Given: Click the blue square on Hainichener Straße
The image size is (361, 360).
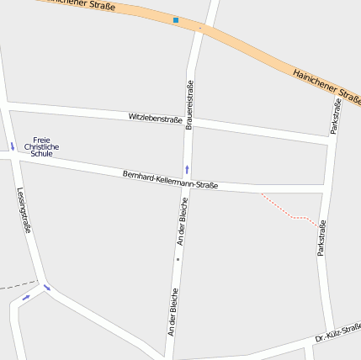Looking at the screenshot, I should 176,19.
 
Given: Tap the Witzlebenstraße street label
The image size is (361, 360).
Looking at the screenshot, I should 155,118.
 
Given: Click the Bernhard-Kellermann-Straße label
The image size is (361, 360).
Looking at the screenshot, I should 170,179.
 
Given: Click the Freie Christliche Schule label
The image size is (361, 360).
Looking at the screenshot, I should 41,146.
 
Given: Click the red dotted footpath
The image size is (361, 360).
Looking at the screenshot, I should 289,211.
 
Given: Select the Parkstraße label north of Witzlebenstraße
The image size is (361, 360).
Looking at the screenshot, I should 336,116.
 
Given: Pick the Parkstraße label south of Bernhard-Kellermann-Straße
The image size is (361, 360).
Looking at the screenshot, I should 321,237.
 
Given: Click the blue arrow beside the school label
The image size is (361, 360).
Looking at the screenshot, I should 13,147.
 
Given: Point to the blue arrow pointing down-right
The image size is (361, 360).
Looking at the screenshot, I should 47,288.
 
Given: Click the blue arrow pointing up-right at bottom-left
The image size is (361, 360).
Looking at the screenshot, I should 26,297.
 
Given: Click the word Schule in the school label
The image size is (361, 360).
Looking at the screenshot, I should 41,154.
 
